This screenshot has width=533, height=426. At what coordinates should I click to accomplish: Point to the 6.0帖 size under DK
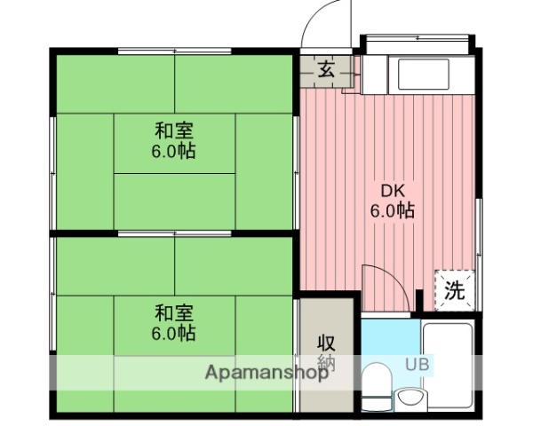[x=393, y=211]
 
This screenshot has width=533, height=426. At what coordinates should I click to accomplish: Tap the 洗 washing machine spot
[x=454, y=289]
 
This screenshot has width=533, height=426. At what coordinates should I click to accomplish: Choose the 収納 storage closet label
[x=326, y=351]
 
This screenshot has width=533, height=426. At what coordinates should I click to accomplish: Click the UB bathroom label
[x=417, y=364]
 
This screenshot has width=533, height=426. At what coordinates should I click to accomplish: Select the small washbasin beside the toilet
[x=410, y=396]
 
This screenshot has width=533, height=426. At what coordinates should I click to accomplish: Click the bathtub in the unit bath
[x=449, y=364]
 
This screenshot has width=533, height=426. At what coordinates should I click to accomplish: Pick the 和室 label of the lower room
[x=173, y=313]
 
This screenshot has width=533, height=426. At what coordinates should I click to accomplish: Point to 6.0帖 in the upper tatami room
[x=173, y=151]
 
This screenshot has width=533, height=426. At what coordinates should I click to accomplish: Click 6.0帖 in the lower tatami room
[x=173, y=334]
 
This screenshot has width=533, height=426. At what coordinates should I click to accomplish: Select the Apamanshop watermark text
[x=266, y=373]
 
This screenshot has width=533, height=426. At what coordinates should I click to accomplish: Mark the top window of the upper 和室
[x=174, y=50]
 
